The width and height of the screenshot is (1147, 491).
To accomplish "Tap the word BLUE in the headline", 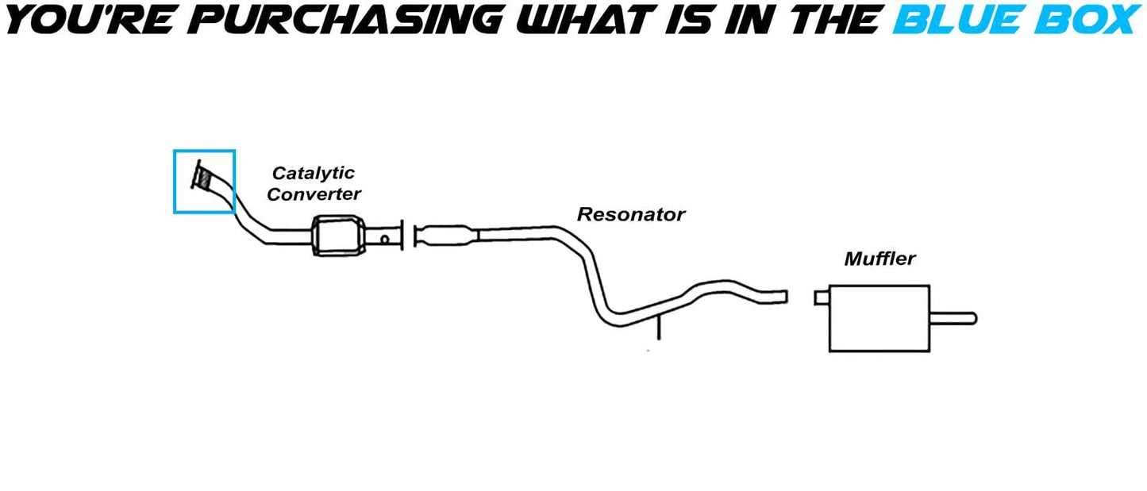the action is click(956, 21).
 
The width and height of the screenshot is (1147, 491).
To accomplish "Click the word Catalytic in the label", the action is click(313, 173).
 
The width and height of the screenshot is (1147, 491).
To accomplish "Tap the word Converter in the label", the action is click(314, 194).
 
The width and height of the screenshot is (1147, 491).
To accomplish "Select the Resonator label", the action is click(631, 214).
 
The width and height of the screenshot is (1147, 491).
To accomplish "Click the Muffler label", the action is click(879, 259).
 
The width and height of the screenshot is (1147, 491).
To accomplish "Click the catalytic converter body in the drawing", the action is click(339, 236).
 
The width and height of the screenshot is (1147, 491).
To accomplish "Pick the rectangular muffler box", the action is click(879, 318).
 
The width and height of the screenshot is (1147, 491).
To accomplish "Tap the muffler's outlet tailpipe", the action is click(953, 319).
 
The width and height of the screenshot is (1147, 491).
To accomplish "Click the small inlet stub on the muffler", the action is click(822, 297).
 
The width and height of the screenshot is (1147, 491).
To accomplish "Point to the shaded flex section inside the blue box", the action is click(204, 178).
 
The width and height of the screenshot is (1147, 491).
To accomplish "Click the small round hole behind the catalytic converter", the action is click(384, 240).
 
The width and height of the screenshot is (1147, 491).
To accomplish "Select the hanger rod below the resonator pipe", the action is click(659, 328).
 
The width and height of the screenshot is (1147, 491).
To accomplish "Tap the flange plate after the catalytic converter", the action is click(402, 236).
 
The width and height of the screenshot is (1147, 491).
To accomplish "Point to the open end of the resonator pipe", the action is click(786, 297).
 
